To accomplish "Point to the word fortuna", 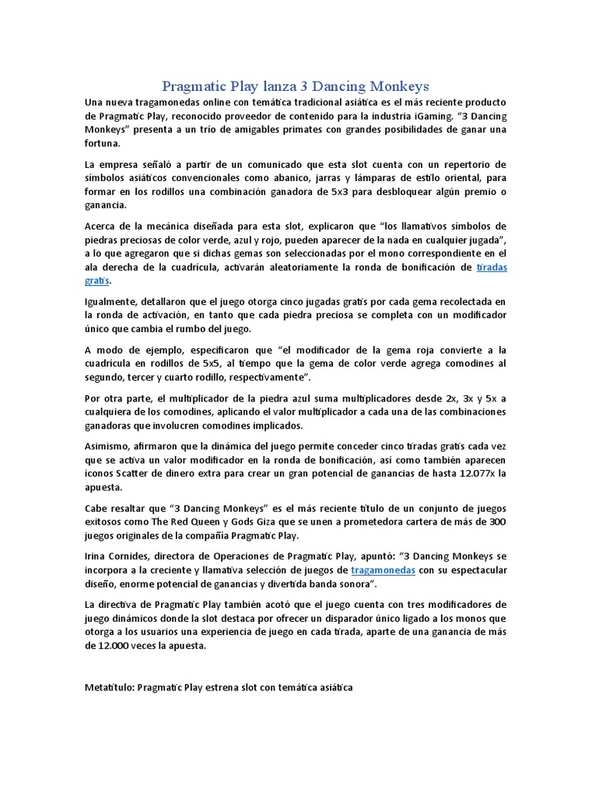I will click(103, 143).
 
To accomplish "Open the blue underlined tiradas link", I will click(492, 267).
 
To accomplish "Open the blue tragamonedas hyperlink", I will click(383, 570).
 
